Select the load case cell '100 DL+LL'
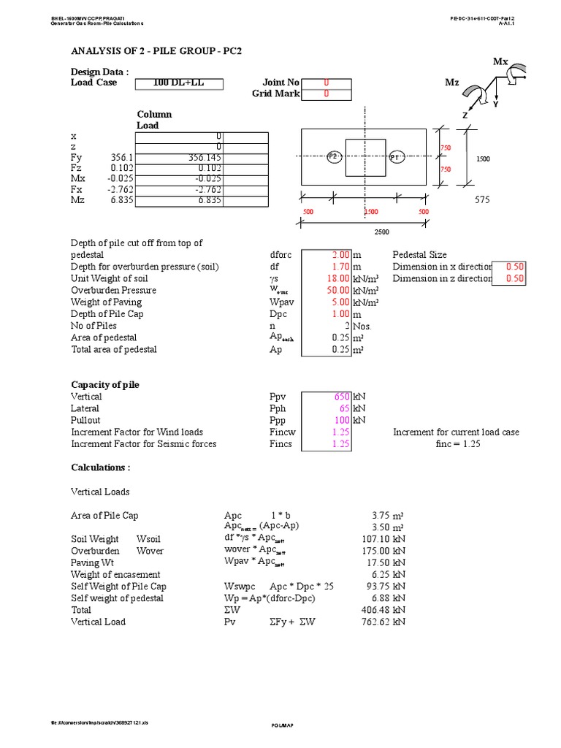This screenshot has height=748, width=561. coord(178,83)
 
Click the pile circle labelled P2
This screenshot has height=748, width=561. coord(333,157)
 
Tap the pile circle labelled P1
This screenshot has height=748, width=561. coord(395,157)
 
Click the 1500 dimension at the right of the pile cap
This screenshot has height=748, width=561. coord(484,158)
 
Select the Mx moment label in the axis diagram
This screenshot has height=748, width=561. coord(500,62)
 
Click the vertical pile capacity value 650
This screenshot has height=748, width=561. coord(341,397)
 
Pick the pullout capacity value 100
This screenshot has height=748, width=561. coord(341,420)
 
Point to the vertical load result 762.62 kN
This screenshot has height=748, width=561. coord(383,622)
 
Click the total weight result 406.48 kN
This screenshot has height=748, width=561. coord(383,610)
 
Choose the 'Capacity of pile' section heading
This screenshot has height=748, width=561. coord(105,385)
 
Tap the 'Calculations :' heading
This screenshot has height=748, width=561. coord(101,467)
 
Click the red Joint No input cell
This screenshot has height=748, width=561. coord(327,83)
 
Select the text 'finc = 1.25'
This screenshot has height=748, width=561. coord(456,443)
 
